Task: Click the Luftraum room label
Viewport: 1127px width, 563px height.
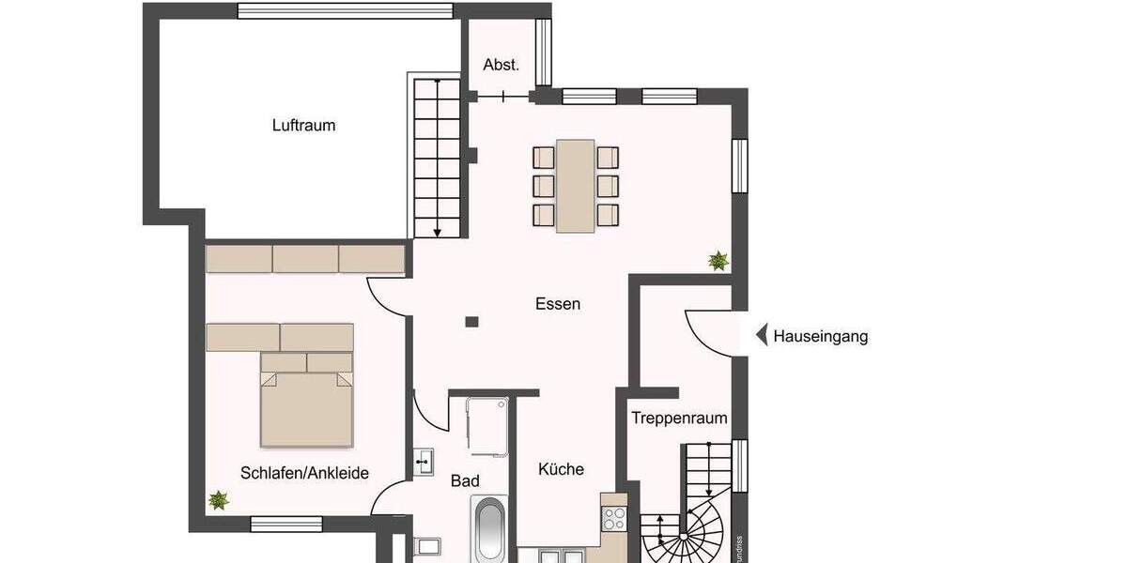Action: point(303,125)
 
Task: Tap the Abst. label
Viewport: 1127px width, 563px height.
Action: point(502,65)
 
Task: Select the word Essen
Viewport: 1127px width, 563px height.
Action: point(558,304)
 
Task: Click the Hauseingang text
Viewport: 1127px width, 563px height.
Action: point(820,336)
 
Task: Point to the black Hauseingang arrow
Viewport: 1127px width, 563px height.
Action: point(762,335)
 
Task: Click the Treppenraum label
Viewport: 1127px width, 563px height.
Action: point(679,418)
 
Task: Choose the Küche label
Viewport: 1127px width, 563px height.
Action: point(561,469)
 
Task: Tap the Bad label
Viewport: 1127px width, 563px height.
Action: point(465,481)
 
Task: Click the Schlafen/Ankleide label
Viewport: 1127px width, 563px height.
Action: point(304,473)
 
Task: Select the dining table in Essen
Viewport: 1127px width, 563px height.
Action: point(575,185)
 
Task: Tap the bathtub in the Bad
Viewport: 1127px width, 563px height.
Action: point(489,531)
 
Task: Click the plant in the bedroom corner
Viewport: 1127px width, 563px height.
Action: point(218,501)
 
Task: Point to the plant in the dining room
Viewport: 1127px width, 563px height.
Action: point(718,260)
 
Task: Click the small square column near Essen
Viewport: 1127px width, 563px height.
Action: point(471,322)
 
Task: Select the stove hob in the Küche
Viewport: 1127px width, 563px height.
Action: point(614,518)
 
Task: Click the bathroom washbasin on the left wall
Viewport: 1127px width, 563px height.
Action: point(424,462)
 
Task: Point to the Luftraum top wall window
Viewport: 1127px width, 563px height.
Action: point(345,11)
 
